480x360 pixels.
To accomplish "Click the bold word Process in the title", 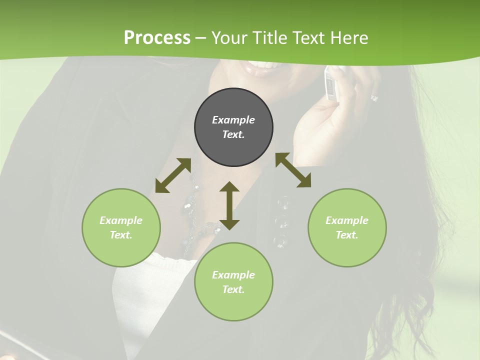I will [x=157, y=38].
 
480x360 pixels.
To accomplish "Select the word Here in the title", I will [x=348, y=38].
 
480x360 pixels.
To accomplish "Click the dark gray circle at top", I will [x=233, y=127].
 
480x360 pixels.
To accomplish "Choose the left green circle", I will [x=121, y=227].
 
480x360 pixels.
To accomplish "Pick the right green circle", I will [x=347, y=227].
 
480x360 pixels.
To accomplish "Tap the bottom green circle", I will [x=233, y=282].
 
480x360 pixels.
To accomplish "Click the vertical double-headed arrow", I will [x=229, y=205].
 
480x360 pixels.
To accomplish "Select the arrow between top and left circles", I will [x=173, y=175].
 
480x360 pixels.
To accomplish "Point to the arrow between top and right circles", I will [x=293, y=170].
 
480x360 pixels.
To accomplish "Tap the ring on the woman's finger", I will [x=374, y=98].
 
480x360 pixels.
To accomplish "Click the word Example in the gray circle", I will [x=233, y=120].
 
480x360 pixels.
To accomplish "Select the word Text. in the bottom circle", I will [x=233, y=289].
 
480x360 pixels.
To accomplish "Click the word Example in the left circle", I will [x=121, y=220].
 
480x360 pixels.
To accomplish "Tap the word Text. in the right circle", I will [x=347, y=235].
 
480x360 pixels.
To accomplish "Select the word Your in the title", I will [x=230, y=38].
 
